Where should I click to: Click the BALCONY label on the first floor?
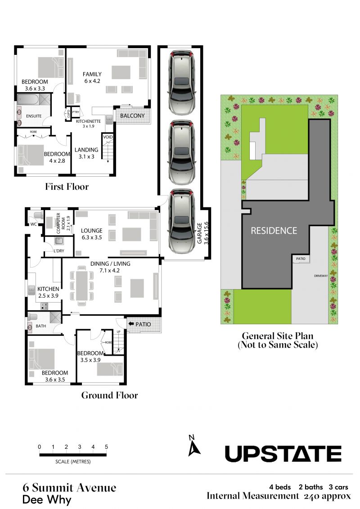click(132, 116)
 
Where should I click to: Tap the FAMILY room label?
click(92, 74)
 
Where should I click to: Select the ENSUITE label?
click(34, 116)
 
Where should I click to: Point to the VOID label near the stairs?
click(108, 137)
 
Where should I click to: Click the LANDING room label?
click(86, 150)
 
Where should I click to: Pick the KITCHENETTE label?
click(88, 121)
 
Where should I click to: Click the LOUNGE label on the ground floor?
click(92, 231)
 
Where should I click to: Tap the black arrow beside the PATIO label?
click(131, 324)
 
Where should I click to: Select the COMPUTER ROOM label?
click(61, 223)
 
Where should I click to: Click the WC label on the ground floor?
click(33, 224)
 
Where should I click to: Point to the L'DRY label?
click(59, 250)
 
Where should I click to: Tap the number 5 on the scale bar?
click(106, 446)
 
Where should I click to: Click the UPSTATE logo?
click(283, 454)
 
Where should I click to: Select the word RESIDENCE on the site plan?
click(274, 231)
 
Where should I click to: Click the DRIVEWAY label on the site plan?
click(321, 276)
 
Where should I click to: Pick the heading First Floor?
click(67, 187)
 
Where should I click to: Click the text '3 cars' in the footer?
click(338, 487)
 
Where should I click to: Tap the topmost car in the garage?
click(181, 82)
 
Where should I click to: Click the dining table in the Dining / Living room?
click(82, 286)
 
